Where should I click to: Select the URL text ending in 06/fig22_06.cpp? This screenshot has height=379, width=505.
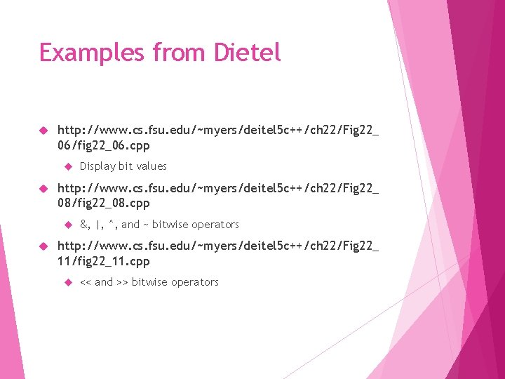pos(103,146)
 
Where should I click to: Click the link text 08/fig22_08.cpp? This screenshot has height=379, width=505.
pos(103,204)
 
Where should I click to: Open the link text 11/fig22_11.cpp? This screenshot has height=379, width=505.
pos(103,261)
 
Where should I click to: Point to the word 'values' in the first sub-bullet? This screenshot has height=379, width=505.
pos(151,166)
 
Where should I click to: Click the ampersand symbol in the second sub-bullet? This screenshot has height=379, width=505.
pos(83,225)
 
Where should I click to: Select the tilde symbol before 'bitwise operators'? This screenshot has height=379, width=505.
pos(146,225)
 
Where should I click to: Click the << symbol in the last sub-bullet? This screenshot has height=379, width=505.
pos(86,282)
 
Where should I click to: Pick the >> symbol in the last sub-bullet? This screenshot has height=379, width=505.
pos(122,282)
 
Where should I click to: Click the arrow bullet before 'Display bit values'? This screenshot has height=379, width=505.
pos(68,166)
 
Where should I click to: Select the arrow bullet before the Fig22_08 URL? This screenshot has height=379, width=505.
pos(43,189)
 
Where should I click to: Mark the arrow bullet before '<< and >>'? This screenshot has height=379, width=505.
pos(68,282)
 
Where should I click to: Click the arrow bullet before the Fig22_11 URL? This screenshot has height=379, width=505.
pos(43,246)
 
